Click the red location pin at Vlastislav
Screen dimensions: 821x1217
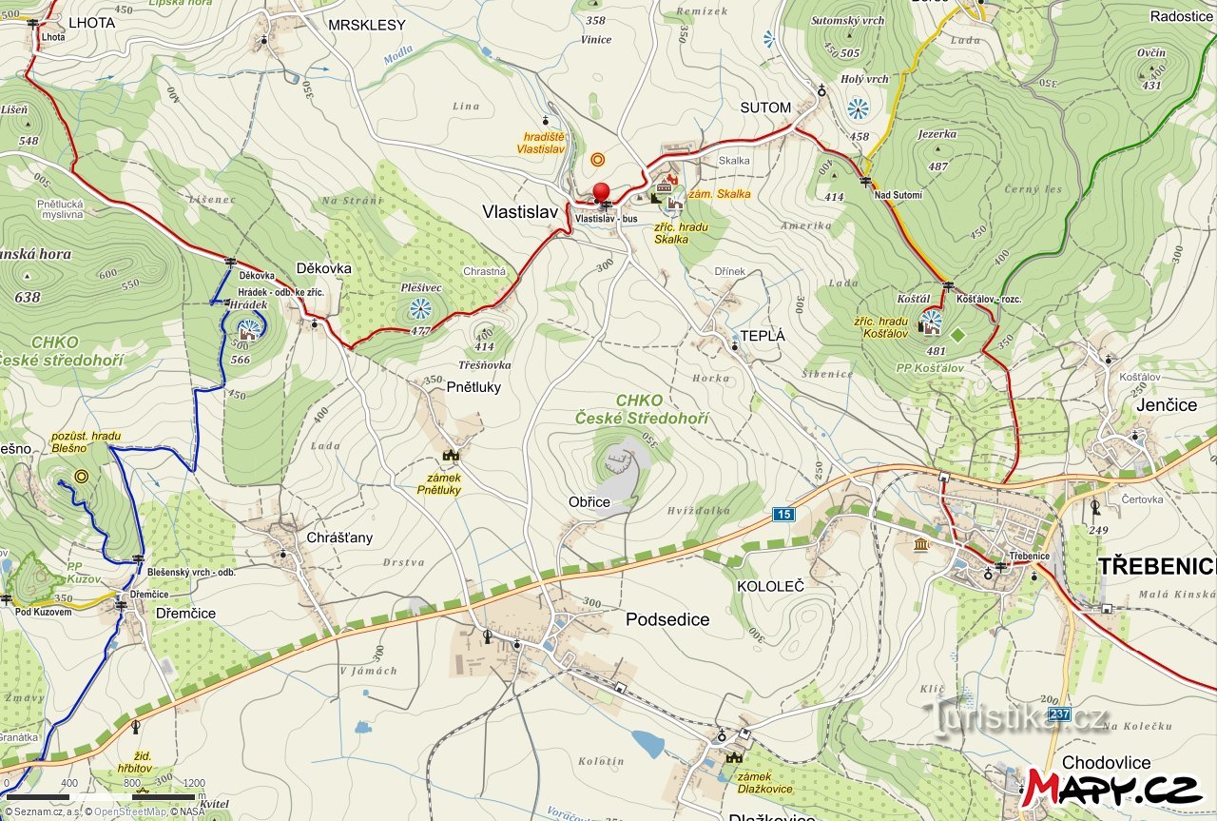coord(601,191)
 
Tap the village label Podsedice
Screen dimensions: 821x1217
coord(667,619)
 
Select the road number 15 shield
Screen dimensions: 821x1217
coord(782,515)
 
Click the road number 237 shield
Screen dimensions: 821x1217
coord(1059,713)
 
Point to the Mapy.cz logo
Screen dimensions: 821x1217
coord(1111,789)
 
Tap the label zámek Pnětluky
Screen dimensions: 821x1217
coord(439,483)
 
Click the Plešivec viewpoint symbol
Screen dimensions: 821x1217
coord(419,308)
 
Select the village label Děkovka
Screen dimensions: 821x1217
coord(323,268)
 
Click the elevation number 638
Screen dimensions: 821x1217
coord(28,297)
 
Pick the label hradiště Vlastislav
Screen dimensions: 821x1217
coord(541,143)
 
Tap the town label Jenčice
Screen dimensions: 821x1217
coord(1167,405)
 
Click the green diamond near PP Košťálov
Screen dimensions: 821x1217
coord(957,334)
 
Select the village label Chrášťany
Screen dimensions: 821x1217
coord(339,538)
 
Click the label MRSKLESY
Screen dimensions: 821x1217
coord(367,25)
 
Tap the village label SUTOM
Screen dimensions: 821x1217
coord(765,108)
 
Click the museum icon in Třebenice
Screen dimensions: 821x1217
coord(921,544)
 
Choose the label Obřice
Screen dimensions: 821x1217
coord(589,501)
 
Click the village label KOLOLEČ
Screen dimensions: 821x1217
coord(770,586)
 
